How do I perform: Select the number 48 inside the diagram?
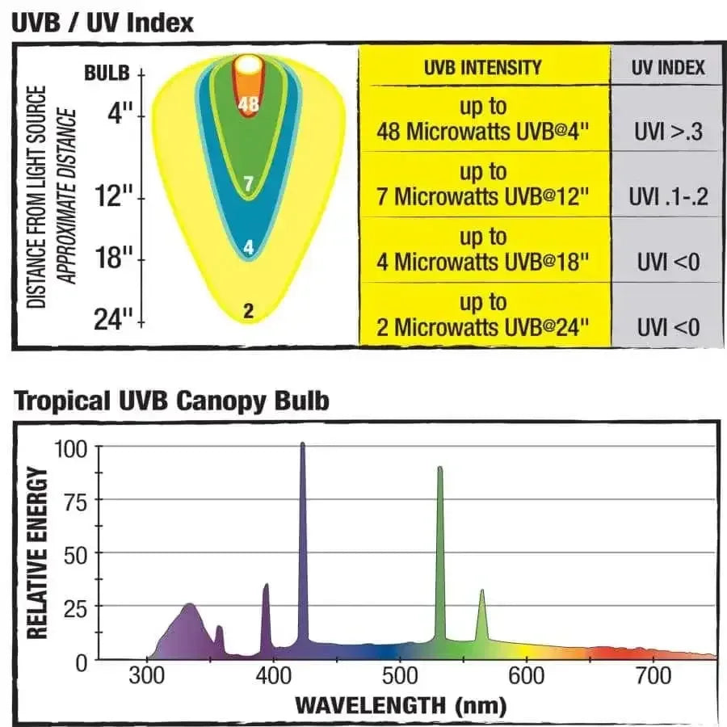pos(249,103)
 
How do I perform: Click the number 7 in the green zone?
pos(249,185)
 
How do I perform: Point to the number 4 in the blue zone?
pos(249,248)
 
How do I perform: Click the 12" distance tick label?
pos(119,196)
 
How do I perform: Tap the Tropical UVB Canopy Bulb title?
pos(172,401)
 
